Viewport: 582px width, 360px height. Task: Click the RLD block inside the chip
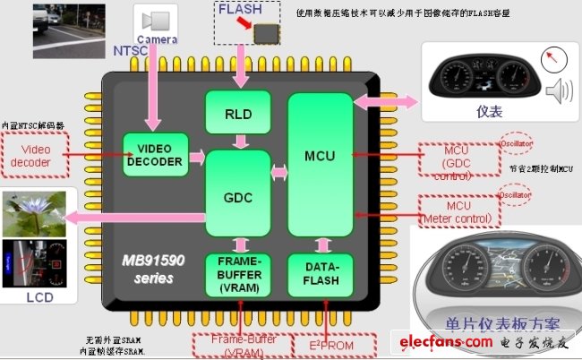238,113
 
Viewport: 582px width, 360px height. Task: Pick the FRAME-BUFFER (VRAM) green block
238,274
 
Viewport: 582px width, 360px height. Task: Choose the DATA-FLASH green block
320,274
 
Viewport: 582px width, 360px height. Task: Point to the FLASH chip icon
265,34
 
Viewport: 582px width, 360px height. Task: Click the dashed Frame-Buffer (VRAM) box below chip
238,345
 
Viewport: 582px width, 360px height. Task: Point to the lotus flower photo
35,213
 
